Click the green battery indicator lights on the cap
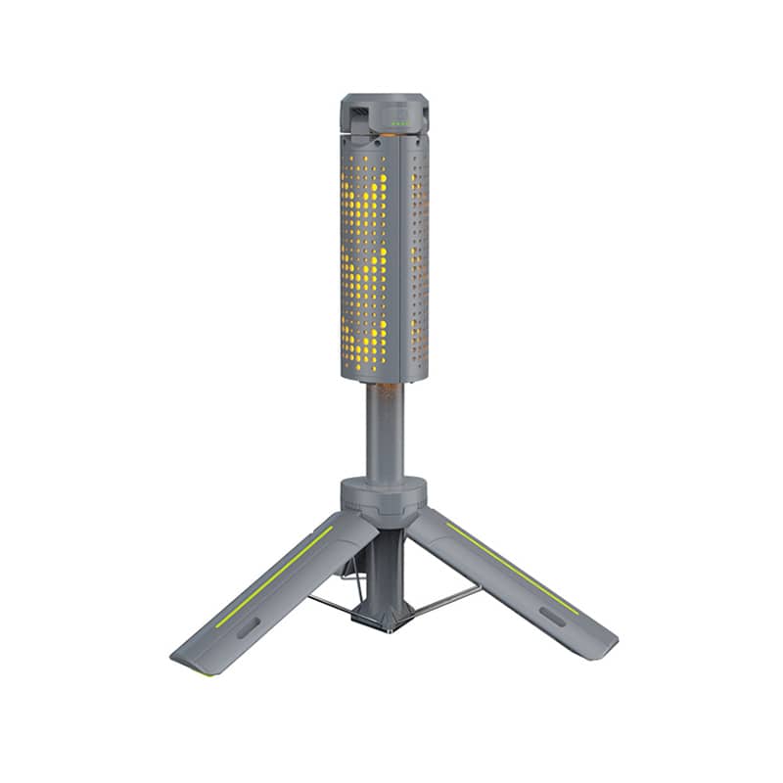click(400, 122)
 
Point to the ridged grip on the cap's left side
click(357, 119)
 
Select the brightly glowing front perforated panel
click(364, 254)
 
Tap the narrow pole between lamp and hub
click(384, 431)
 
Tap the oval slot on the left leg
click(247, 627)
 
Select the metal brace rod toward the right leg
click(445, 599)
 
